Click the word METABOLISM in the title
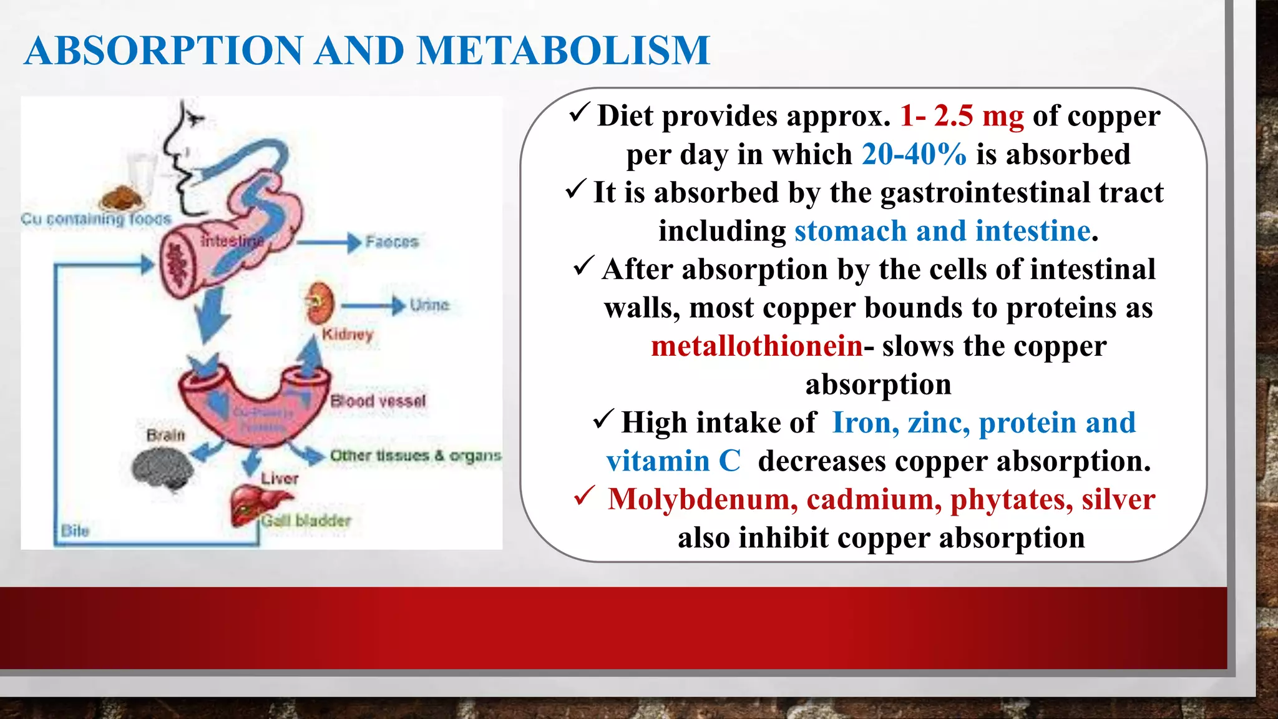point(563,51)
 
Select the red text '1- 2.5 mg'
point(962,116)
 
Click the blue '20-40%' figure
point(914,154)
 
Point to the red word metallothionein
point(756,346)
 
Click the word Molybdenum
point(703,499)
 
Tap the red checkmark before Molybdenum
point(584,497)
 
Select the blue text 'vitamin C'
point(673,461)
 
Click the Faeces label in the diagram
point(392,242)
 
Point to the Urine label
point(429,305)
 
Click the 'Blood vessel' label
point(378,401)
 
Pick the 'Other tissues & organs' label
point(416,456)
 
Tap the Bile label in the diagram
point(76,531)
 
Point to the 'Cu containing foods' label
point(95,219)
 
